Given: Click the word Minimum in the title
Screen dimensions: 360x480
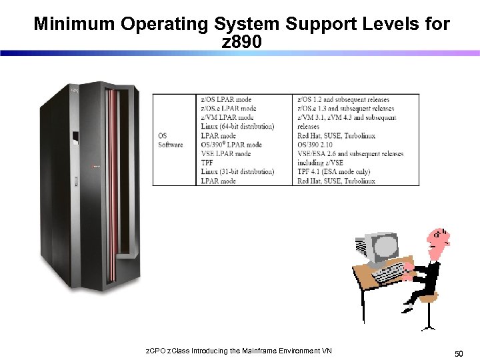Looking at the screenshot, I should coord(74,25).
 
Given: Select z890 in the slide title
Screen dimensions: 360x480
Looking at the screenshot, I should coord(241,43).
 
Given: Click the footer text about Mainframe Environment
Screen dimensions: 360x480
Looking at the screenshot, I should coord(239,351).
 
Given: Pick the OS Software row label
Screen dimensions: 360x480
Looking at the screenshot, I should coord(170,141).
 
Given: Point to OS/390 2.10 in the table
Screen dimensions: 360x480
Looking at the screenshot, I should coord(319,145).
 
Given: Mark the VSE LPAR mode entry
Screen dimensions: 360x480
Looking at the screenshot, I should coord(225,154).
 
